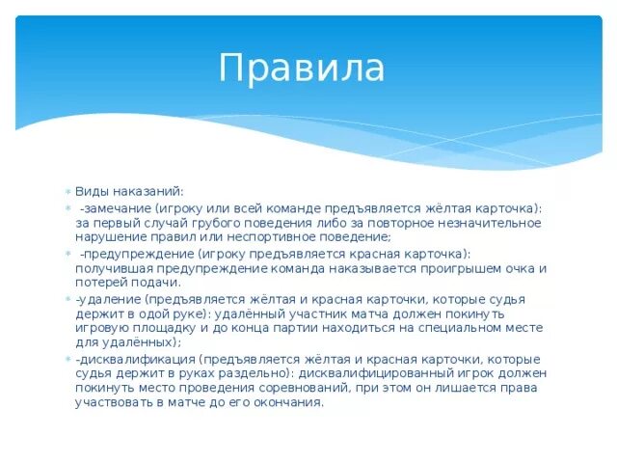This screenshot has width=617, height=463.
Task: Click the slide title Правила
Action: click(x=301, y=68)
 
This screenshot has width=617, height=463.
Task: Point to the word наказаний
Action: click(x=146, y=192)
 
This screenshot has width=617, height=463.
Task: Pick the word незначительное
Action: click(x=482, y=223)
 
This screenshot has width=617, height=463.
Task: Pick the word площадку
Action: click(x=167, y=328)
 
